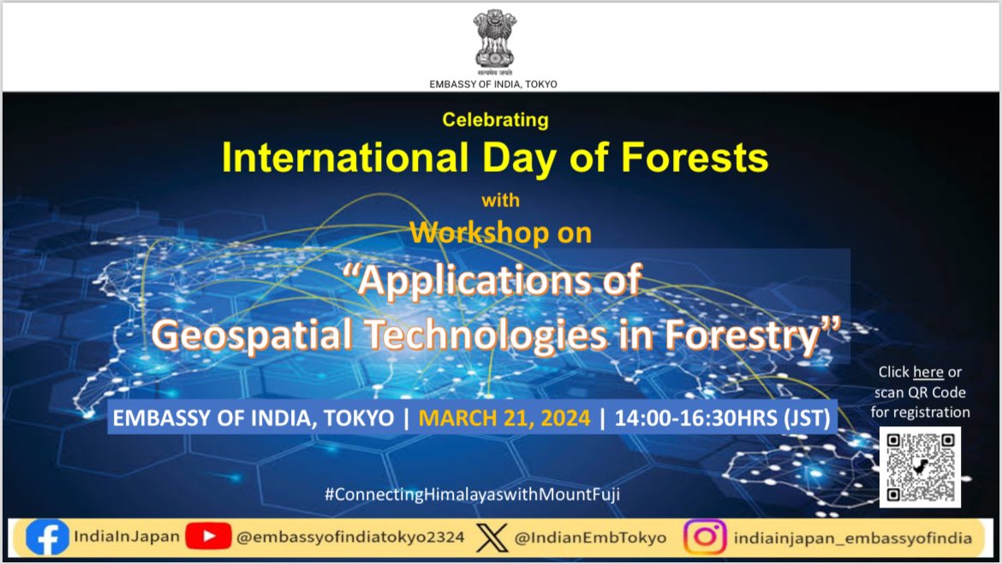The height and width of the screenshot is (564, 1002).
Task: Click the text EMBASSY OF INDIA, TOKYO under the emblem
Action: (493, 84)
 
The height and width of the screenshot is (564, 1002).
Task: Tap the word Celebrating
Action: (495, 120)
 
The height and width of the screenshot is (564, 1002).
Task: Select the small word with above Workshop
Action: (500, 201)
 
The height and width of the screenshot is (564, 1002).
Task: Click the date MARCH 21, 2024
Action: (504, 419)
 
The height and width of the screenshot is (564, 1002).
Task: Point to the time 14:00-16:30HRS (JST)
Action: (720, 419)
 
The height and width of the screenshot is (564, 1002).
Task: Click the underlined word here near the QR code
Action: (927, 371)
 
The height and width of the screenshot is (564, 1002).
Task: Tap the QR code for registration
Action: (920, 466)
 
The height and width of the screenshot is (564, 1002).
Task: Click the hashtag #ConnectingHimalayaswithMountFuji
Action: (472, 494)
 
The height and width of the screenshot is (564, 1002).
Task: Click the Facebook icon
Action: (47, 537)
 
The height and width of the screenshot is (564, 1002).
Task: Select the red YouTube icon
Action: (208, 537)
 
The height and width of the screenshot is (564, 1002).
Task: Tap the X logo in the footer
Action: (492, 537)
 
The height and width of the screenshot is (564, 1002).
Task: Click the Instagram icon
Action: (705, 537)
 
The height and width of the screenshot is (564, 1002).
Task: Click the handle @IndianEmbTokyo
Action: (590, 537)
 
